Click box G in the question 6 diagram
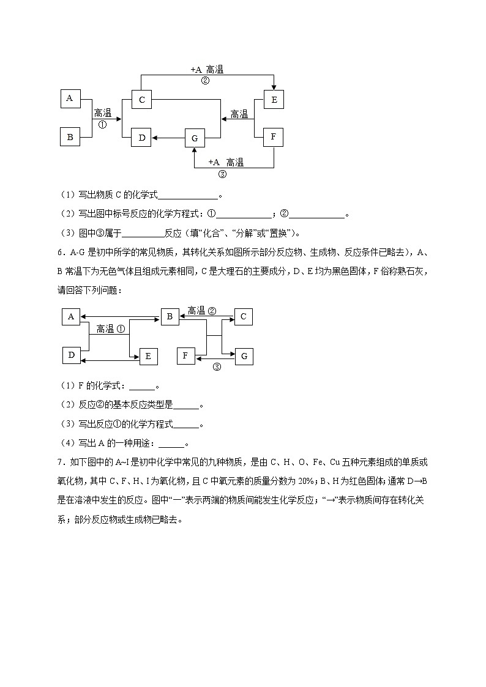(x=244, y=356)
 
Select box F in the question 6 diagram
(x=186, y=355)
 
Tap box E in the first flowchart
(x=274, y=99)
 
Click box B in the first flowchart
(x=70, y=137)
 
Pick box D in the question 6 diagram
(x=71, y=355)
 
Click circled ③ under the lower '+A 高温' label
(x=222, y=173)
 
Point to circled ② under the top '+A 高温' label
(x=205, y=80)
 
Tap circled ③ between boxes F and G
(x=216, y=367)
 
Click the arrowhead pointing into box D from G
(x=155, y=138)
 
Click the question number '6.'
(x=61, y=251)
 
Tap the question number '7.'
(x=61, y=462)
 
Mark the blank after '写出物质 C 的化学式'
(x=188, y=196)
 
